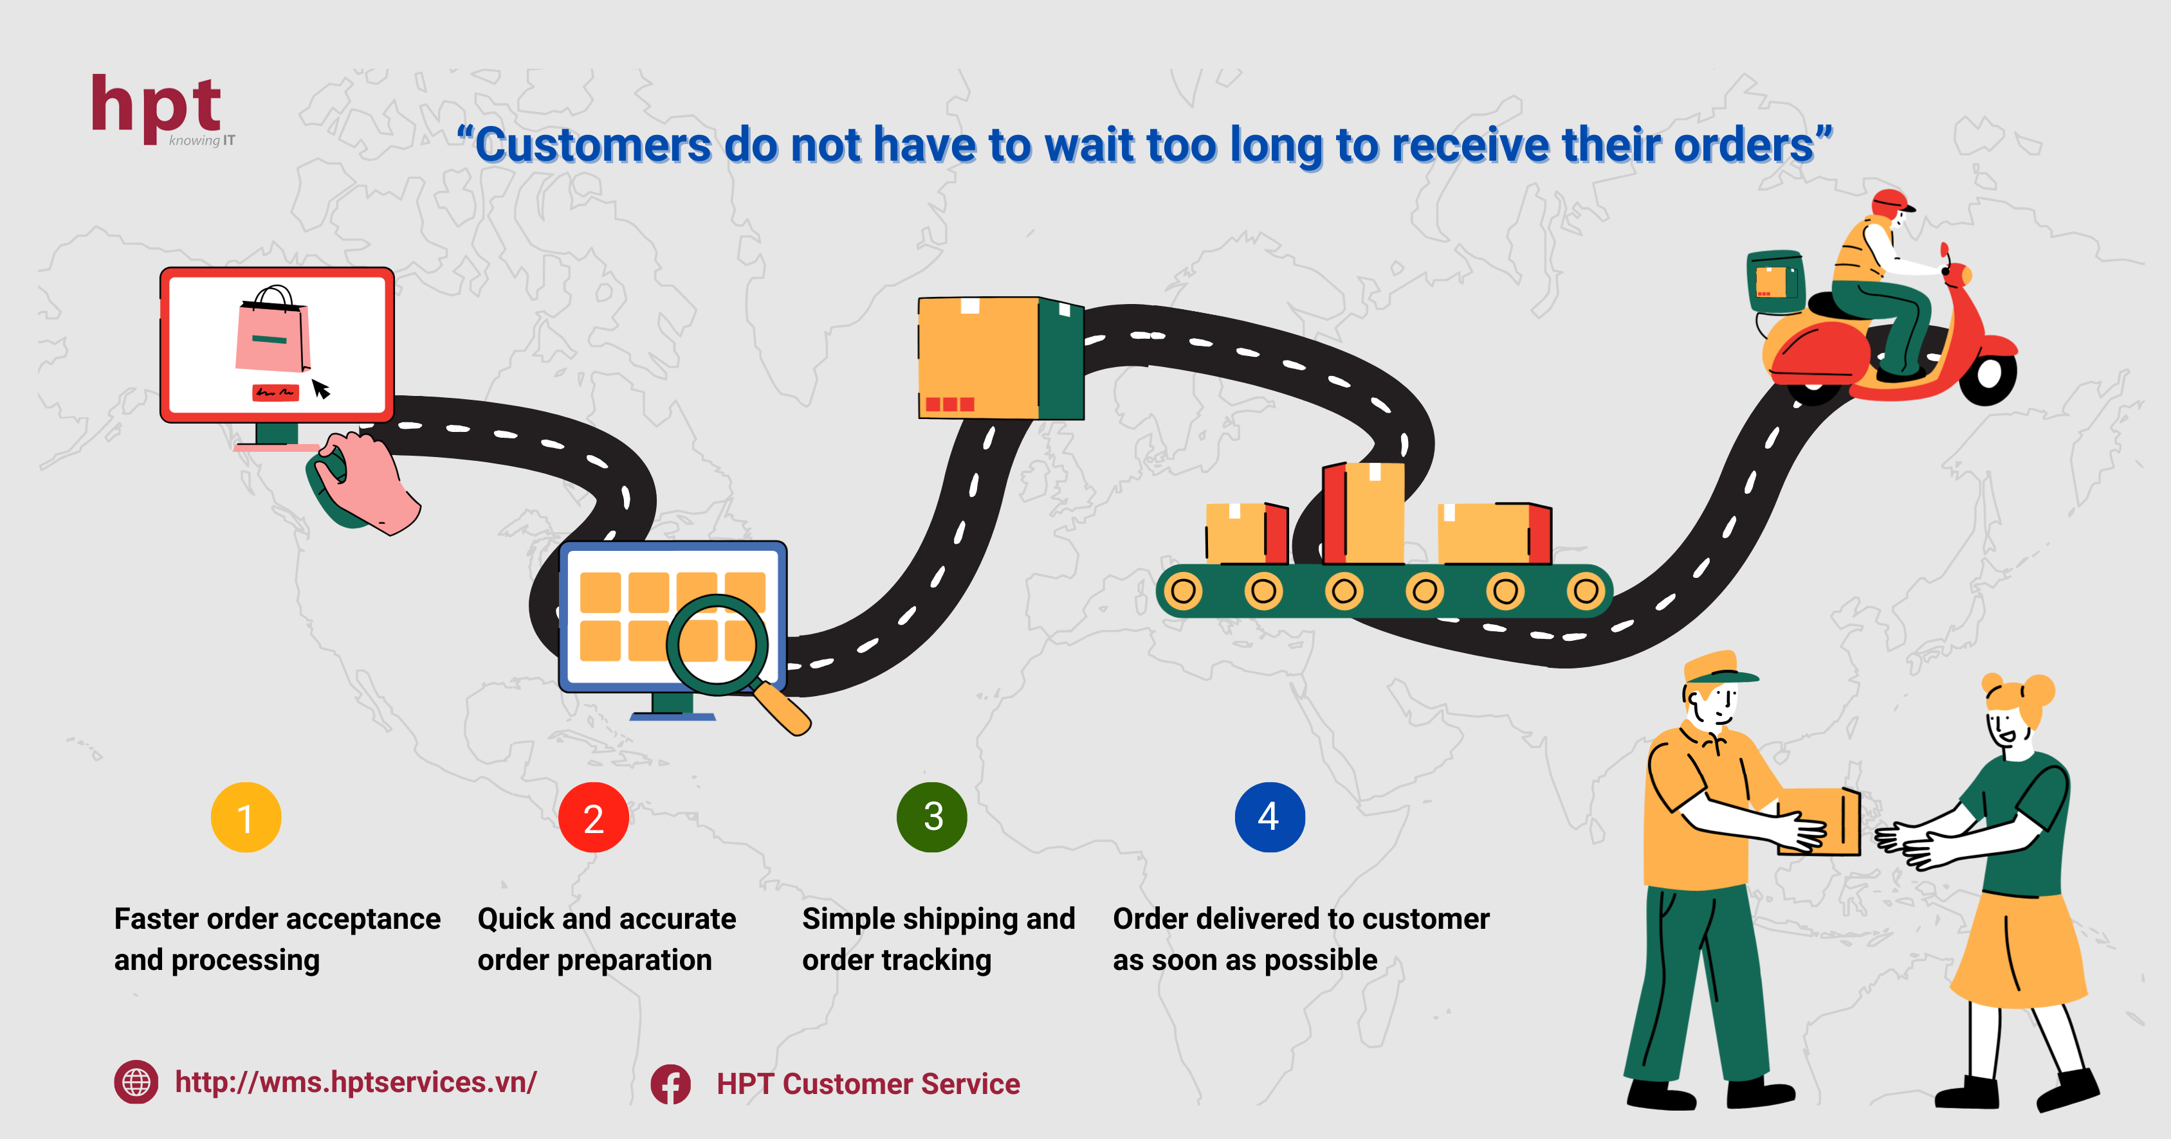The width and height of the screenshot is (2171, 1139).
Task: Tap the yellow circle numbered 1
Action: pos(245,817)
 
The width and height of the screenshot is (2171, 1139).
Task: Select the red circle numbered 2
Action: pos(593,817)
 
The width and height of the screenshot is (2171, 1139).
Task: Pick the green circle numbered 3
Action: pos(932,816)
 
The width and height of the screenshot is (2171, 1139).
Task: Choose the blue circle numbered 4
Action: pos(1270,816)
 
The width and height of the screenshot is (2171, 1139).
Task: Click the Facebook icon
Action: pos(671,1084)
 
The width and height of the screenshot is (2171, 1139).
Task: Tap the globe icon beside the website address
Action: pos(136,1082)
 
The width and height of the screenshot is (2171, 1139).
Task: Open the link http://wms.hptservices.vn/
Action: pos(356,1082)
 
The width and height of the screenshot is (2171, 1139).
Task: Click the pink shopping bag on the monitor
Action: pos(273,330)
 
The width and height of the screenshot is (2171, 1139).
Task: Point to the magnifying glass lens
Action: pos(718,645)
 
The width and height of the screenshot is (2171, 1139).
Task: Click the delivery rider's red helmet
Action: pos(1891,203)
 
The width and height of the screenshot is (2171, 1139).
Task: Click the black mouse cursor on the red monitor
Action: pos(321,388)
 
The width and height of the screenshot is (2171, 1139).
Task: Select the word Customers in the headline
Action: pos(593,146)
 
